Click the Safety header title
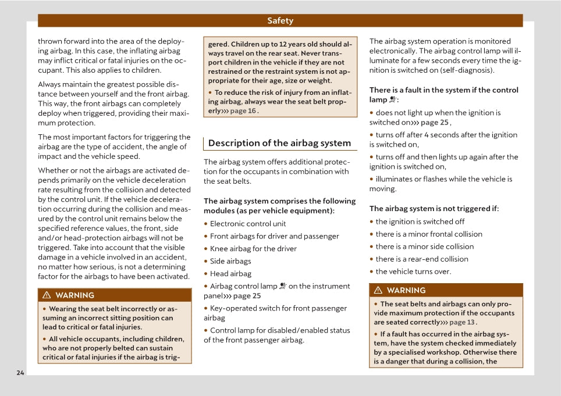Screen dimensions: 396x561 click(x=280, y=21)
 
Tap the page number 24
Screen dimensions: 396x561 click(x=20, y=373)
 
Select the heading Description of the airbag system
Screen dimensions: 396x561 click(x=279, y=143)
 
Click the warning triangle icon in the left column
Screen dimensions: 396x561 click(x=47, y=295)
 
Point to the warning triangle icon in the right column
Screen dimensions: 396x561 click(x=378, y=290)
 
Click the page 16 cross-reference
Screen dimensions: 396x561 click(x=243, y=111)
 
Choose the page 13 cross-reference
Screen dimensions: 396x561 click(x=463, y=322)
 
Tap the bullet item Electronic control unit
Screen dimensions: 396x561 click(x=248, y=224)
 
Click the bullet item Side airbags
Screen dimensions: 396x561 click(x=230, y=261)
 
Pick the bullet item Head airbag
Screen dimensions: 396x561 click(x=230, y=274)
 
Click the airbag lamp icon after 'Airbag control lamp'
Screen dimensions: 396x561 click(x=283, y=286)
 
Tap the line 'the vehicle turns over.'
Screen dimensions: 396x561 click(x=413, y=272)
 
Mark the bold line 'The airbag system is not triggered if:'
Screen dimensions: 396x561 click(x=434, y=208)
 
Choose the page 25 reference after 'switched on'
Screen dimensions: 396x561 click(x=435, y=123)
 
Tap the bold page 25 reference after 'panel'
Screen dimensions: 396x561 click(x=247, y=296)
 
